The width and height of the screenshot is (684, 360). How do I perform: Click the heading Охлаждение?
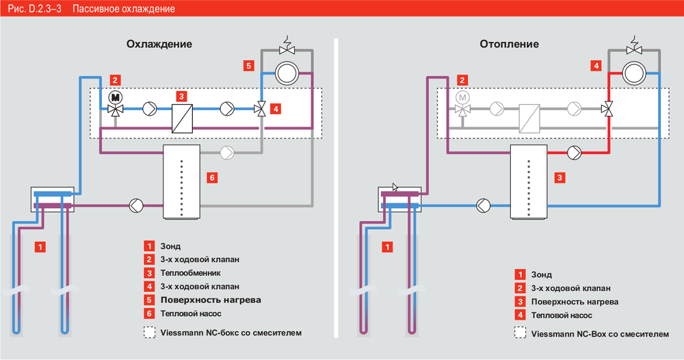(159, 44)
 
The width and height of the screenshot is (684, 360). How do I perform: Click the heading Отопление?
(510, 44)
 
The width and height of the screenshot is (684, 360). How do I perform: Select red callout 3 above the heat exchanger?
(181, 97)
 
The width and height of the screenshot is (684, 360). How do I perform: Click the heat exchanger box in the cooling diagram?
(181, 118)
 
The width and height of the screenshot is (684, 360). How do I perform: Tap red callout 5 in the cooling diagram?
(248, 66)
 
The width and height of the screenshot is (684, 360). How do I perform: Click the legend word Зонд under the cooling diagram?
(170, 246)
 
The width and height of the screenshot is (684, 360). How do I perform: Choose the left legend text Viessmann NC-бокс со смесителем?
(231, 333)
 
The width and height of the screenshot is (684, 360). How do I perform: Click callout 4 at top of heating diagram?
(596, 66)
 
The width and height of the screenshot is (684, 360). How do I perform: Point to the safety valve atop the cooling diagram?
(285, 47)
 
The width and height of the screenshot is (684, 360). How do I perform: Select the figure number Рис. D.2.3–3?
(31, 10)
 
